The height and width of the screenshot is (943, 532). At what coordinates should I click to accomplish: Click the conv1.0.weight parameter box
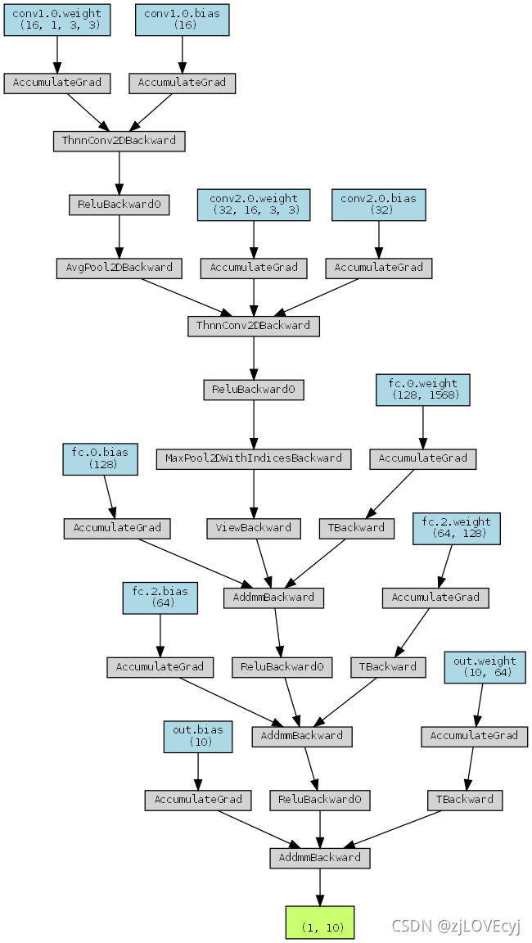click(56, 20)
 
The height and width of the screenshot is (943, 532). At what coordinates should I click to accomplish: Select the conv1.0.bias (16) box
click(182, 20)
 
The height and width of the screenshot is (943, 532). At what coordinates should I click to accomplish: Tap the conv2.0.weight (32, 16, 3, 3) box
click(254, 205)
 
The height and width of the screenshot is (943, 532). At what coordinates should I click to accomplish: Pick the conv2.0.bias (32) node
click(378, 205)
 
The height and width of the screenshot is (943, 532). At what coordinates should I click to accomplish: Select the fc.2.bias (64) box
click(160, 598)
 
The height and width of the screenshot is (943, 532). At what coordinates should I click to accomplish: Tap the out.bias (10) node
click(197, 736)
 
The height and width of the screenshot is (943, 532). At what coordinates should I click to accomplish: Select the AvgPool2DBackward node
click(119, 268)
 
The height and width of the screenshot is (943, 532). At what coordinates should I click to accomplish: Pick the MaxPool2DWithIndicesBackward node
click(254, 458)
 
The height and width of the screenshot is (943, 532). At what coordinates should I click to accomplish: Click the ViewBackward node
click(254, 528)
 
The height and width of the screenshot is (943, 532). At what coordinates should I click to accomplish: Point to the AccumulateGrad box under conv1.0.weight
click(56, 83)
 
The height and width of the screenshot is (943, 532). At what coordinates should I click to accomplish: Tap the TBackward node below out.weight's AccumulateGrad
click(465, 800)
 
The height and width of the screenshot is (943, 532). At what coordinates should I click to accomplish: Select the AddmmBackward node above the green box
click(320, 858)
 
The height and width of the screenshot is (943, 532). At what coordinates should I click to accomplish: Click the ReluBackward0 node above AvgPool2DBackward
click(119, 205)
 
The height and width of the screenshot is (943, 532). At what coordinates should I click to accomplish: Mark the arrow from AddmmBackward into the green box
click(320, 887)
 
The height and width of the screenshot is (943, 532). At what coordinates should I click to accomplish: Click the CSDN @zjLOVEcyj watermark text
click(456, 926)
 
